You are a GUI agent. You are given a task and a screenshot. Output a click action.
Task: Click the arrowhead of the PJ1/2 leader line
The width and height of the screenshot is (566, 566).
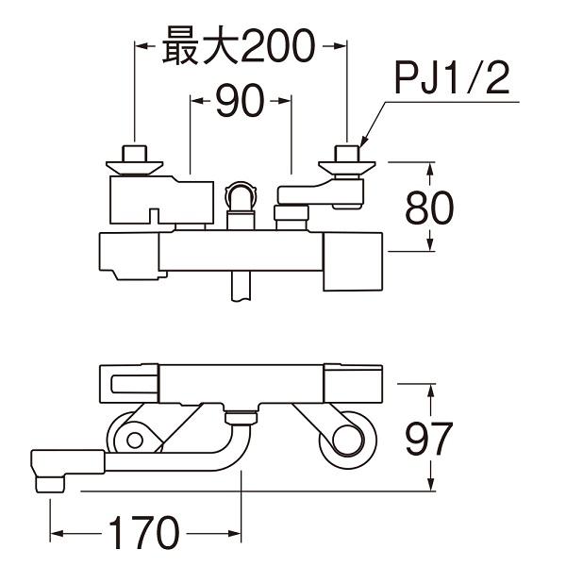(363, 141)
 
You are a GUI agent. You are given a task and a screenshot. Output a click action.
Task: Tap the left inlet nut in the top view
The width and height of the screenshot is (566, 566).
(135, 154)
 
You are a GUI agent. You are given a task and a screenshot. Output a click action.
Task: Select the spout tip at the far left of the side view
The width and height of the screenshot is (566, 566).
(47, 471)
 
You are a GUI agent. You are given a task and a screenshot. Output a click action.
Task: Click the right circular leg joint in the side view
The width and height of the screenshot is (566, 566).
(344, 439)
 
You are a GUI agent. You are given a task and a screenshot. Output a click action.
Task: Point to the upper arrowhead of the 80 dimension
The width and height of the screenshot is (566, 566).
(431, 170)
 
